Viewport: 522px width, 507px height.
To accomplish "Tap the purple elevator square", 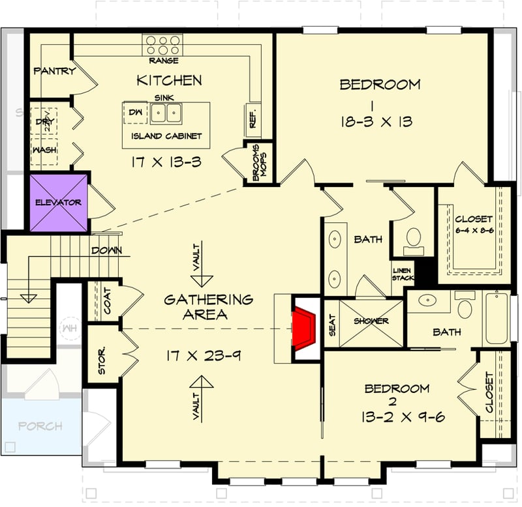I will tap(59, 202).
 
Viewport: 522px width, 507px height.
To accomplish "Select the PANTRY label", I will tap(54, 71).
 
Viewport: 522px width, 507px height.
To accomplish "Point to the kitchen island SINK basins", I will tap(165, 113).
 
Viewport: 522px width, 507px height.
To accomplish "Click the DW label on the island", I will tap(136, 113).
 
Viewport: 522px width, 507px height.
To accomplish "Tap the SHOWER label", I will tap(371, 321).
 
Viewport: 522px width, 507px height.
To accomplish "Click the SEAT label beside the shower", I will tap(332, 325).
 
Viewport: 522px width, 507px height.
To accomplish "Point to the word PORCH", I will tap(40, 426).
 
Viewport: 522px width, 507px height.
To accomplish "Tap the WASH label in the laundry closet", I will tap(44, 149).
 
